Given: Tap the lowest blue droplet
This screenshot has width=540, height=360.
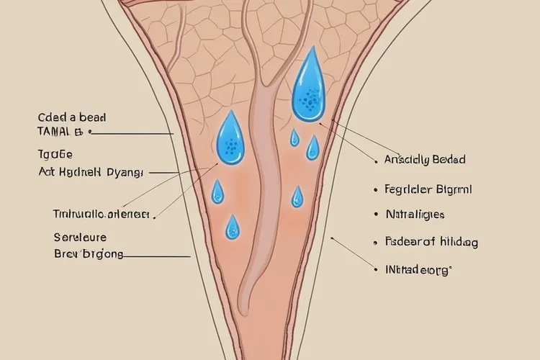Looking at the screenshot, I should point(232,228).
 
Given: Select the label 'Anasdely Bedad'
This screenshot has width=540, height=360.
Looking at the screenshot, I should point(425,160).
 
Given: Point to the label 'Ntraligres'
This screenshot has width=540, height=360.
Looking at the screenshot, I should point(415,215).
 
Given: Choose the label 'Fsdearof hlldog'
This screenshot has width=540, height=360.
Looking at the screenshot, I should point(431,243).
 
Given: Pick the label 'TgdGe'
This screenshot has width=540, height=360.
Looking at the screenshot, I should point(55,154).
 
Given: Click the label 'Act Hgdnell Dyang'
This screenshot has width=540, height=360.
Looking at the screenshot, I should point(91,173).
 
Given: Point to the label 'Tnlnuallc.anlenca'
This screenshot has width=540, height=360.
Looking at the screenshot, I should point(100,214).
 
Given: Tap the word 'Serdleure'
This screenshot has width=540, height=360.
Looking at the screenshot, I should point(80,237).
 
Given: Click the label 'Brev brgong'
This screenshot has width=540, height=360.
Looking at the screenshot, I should point(89,254).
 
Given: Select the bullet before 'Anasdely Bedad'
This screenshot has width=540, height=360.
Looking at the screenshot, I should point(377,161).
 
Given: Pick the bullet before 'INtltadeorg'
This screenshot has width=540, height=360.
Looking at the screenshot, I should point(377,271).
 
